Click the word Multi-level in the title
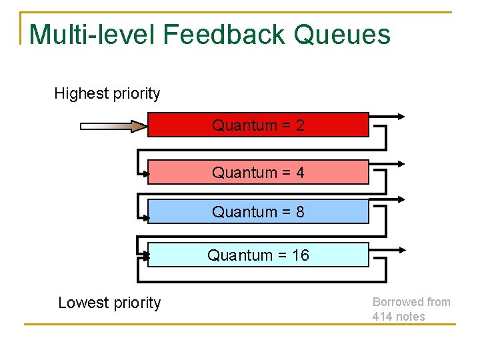91,34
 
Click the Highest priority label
107,93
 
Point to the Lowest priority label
109,303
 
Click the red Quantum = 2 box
258,125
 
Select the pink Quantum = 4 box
258,172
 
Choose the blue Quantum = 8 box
258,211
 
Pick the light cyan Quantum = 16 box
258,255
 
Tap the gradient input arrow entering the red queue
113,125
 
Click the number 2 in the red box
300,125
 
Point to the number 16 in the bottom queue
300,255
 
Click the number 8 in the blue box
300,212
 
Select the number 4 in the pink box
300,173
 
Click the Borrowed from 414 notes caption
411,309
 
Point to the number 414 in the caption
382,317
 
